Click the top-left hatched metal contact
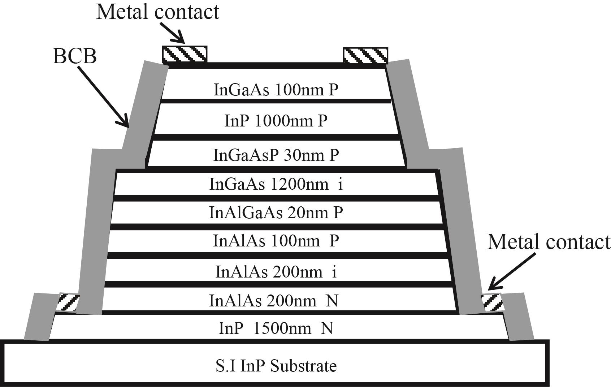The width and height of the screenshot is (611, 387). click(185, 55)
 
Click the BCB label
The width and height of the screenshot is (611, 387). click(75, 57)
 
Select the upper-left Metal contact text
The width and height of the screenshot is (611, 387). click(157, 12)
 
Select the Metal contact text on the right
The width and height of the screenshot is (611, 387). click(549, 242)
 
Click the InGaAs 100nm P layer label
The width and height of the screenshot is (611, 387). click(276, 90)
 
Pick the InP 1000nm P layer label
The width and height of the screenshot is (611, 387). click(276, 121)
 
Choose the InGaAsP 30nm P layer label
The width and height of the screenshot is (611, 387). click(276, 155)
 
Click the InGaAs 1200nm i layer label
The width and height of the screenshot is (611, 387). click(276, 184)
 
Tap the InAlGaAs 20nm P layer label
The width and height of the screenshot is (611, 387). click(276, 212)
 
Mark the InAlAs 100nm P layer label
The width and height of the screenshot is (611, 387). click(276, 241)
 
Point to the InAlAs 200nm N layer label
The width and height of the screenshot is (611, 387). click(274, 301)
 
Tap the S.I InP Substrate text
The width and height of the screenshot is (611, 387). click(276, 366)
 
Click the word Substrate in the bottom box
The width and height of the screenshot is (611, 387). click(303, 366)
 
